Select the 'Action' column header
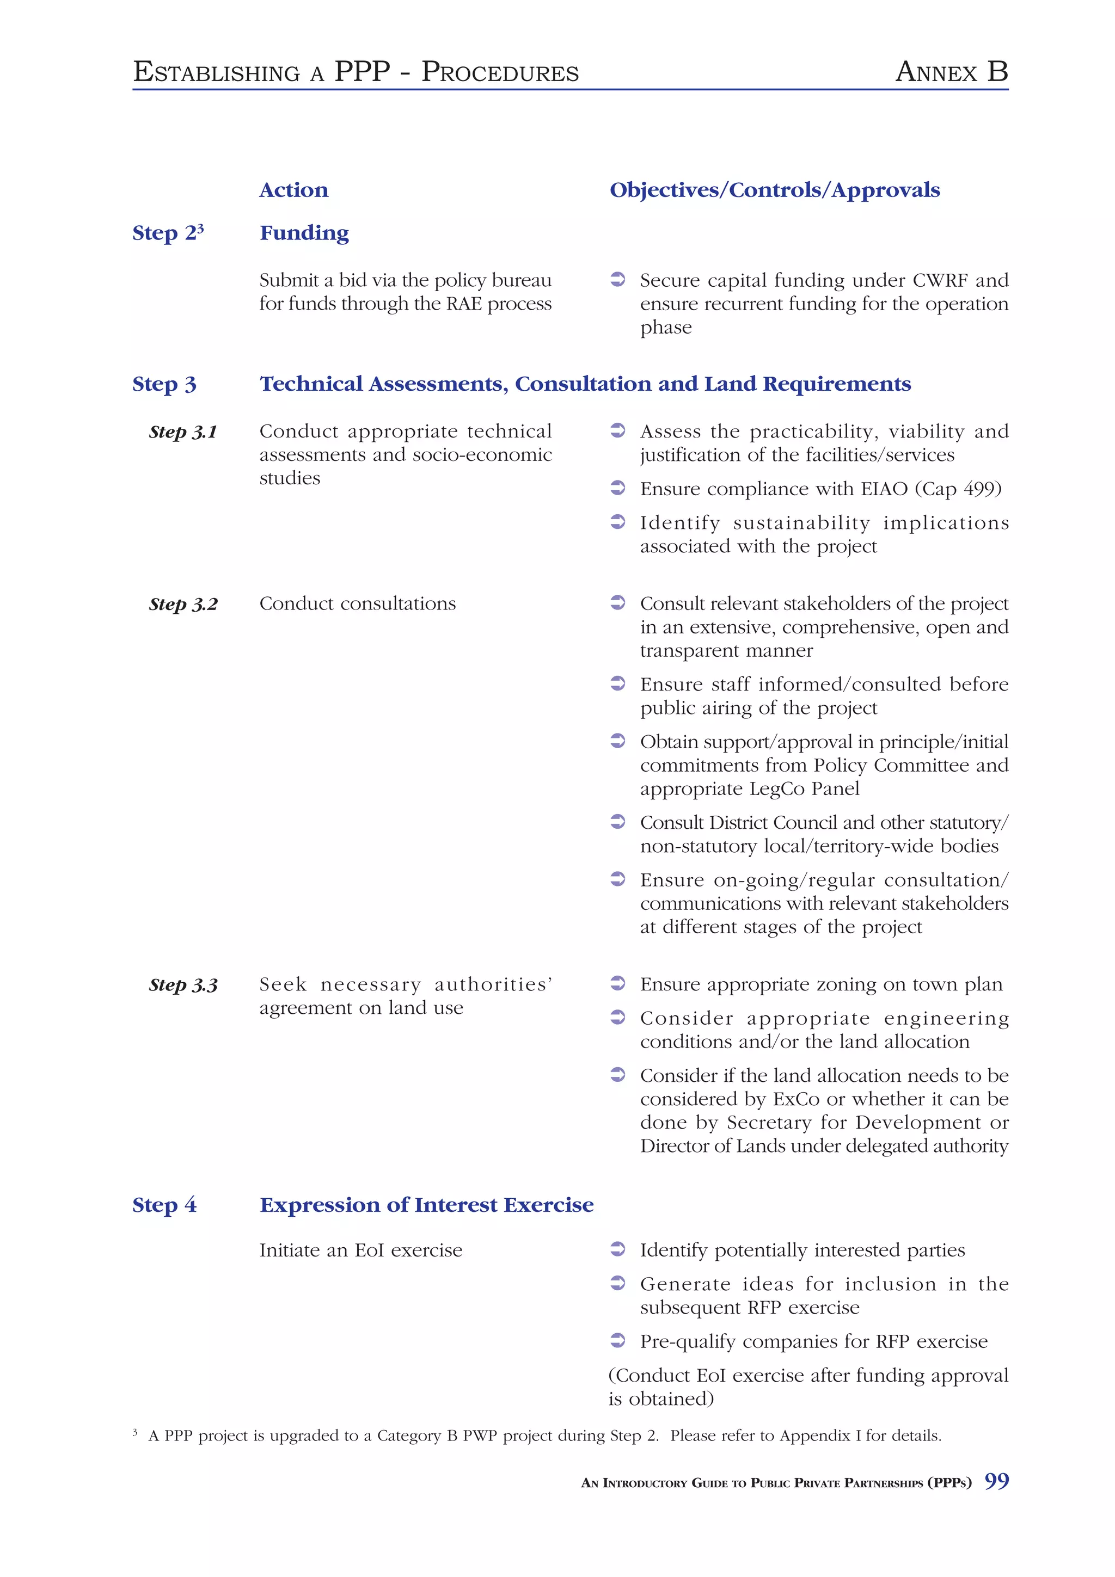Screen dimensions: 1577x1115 click(x=293, y=190)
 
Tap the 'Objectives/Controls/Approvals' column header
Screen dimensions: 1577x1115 click(x=774, y=190)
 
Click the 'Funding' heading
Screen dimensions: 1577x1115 click(x=304, y=233)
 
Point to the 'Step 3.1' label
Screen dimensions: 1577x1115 click(x=183, y=432)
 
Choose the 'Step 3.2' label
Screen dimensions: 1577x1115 click(x=183, y=605)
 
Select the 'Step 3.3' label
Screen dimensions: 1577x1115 click(x=183, y=985)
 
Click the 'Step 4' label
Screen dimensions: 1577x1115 click(x=164, y=1205)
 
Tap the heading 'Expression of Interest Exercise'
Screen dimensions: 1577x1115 click(x=426, y=1205)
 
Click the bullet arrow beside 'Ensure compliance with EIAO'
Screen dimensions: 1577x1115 click(x=617, y=488)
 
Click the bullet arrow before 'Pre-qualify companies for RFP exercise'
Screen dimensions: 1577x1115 click(x=617, y=1340)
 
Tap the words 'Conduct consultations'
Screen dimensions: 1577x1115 click(x=357, y=603)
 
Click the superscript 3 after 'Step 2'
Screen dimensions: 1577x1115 click(x=200, y=227)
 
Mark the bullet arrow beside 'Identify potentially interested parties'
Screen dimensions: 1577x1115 click(x=617, y=1249)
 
